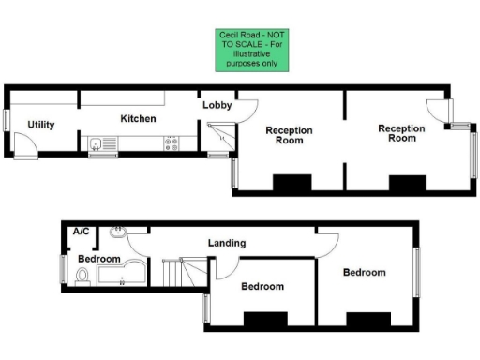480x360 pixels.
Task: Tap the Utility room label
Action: point(40,125)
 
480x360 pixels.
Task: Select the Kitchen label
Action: point(137,119)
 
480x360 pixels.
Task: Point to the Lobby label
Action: point(217,106)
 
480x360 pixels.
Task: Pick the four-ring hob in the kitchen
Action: point(172,143)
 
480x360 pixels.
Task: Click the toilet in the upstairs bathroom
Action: point(82,275)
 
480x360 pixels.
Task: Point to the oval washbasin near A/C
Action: point(118,232)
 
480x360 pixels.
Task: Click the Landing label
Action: point(226,244)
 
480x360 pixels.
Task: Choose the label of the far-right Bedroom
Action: point(364,273)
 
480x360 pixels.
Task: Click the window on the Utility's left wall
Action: point(7,120)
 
